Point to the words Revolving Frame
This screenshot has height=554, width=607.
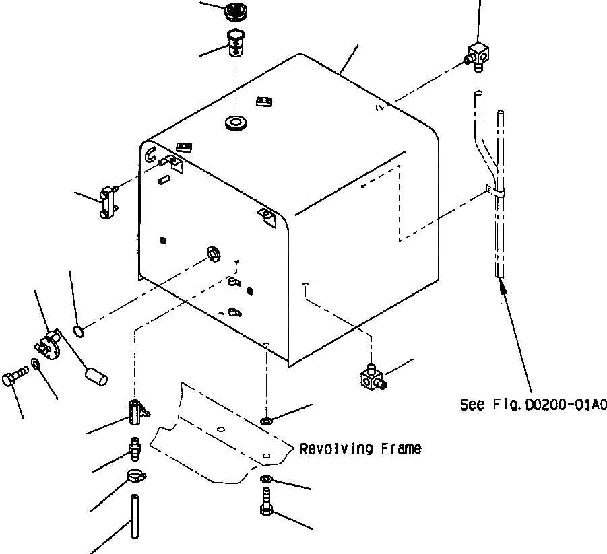click(x=360, y=448)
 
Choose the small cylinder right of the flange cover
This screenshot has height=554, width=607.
click(x=95, y=374)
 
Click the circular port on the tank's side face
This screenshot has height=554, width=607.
click(x=214, y=253)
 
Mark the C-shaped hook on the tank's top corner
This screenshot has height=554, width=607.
click(x=150, y=155)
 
